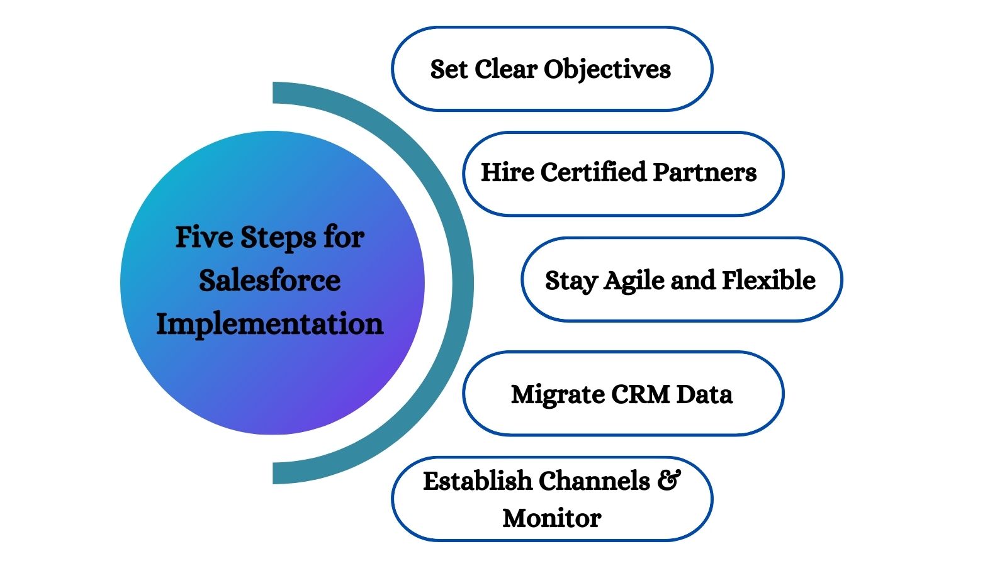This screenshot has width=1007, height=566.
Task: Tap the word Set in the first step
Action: [x=449, y=69]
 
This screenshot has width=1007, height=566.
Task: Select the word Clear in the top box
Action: [x=506, y=69]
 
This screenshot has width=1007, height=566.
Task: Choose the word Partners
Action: [x=704, y=172]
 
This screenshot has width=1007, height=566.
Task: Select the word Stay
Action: [x=571, y=280]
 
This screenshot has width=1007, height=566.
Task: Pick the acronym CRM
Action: [x=640, y=394]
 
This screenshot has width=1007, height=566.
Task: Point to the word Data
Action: [x=704, y=394]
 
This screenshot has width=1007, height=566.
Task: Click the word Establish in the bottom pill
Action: [x=477, y=481]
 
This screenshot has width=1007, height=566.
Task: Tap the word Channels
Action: [x=594, y=481]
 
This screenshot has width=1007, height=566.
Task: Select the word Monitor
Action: [x=551, y=518]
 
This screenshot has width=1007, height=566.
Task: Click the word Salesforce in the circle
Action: [x=269, y=280]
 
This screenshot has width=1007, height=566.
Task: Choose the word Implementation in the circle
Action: [x=269, y=324]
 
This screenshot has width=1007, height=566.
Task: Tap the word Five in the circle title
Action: [x=204, y=237]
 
